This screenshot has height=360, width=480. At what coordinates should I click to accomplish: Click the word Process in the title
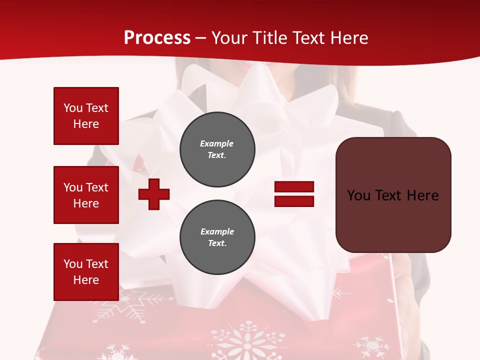[x=157, y=38]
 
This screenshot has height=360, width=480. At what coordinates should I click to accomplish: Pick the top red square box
[x=86, y=116]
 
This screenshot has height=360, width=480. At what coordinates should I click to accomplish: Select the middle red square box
[x=86, y=195]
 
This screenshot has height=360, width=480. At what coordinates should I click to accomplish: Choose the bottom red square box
[x=86, y=271]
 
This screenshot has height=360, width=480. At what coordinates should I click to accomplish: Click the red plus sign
[x=154, y=194]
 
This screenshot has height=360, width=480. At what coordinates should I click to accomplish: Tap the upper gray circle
[x=217, y=149]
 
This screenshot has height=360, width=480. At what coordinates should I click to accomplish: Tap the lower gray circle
[x=217, y=237]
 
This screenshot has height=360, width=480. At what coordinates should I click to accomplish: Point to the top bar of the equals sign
[x=294, y=187]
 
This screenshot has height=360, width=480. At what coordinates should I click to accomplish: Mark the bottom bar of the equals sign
[x=294, y=201]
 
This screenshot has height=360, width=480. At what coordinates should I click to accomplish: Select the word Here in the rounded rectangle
[x=422, y=195]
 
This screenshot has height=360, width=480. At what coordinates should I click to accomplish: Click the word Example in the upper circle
[x=217, y=143]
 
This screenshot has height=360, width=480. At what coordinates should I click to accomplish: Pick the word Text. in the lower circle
[x=217, y=243]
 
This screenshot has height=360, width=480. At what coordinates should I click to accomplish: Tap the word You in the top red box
[x=73, y=108]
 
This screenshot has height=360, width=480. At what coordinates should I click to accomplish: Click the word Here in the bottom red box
[x=86, y=280]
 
